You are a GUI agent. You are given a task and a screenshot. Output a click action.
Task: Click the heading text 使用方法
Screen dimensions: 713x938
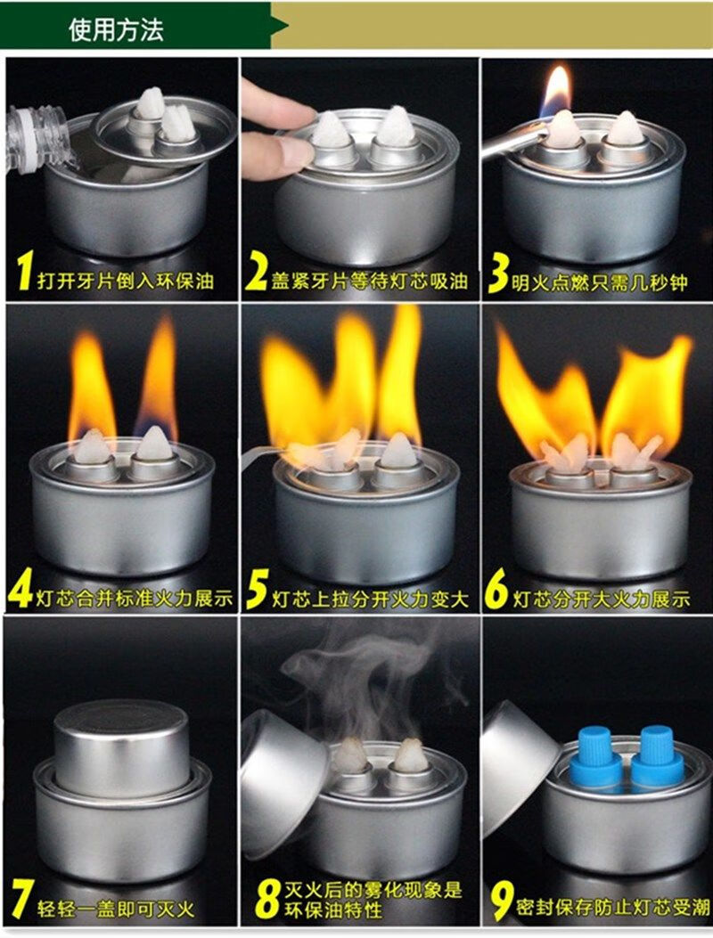pos(116,29)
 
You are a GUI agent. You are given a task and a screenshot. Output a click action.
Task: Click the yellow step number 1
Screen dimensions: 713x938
pos(24,271)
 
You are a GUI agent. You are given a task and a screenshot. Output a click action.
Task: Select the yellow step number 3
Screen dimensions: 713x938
pos(497,273)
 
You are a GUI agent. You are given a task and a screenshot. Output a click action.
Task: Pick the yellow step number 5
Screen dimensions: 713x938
pos(258,589)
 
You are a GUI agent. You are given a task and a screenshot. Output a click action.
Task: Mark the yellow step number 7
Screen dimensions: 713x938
pos(22,899)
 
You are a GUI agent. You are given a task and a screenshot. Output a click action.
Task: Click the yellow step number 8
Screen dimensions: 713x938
pos(267,900)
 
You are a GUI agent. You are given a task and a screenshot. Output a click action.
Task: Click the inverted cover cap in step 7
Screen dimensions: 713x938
pos(121,748)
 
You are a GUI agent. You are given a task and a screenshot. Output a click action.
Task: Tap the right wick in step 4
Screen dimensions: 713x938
pos(154,444)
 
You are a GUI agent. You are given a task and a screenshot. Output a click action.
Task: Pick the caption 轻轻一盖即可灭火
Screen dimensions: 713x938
pos(116,909)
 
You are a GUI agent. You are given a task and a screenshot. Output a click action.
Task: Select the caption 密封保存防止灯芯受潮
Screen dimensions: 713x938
pos(612,907)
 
